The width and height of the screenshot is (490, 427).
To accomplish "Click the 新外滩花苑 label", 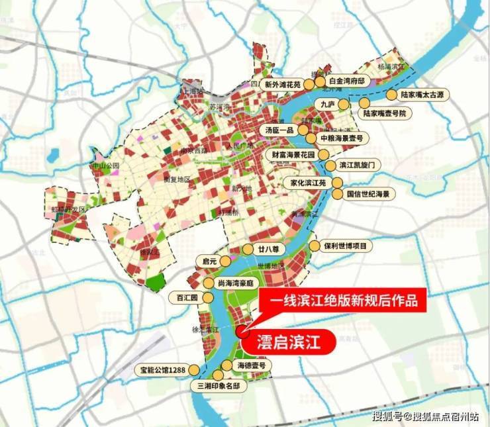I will (x=283, y=85).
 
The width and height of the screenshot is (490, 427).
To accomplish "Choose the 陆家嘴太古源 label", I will (x=430, y=95).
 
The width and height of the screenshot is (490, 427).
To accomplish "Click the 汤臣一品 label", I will (x=279, y=130).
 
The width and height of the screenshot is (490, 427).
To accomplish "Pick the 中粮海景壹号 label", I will (x=341, y=138).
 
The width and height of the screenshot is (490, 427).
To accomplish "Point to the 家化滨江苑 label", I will (x=305, y=182).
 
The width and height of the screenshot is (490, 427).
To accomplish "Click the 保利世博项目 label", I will (x=348, y=246).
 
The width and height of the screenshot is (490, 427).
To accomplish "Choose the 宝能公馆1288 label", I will (x=161, y=369).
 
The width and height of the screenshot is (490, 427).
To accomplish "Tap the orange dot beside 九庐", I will (x=343, y=104).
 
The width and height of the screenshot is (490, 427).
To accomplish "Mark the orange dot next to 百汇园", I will (x=204, y=297).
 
